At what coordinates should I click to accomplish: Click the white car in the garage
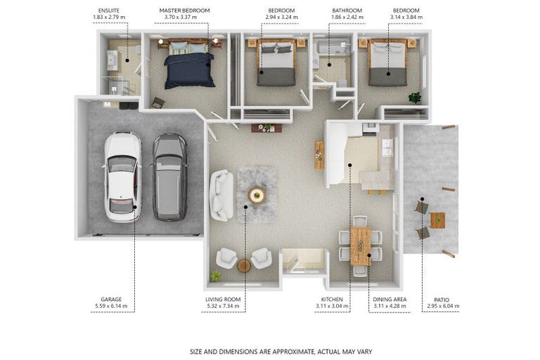click(122, 176)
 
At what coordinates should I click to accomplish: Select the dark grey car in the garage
click(169, 177)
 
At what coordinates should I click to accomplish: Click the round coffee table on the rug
click(257, 195)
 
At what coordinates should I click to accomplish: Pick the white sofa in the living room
click(221, 195)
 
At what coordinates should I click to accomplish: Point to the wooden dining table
click(360, 246)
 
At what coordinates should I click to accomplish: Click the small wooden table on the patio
click(437, 220)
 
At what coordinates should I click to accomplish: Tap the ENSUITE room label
click(109, 11)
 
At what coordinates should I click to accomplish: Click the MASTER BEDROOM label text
click(185, 11)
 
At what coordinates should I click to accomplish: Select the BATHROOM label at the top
click(347, 11)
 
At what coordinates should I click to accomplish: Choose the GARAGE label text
click(111, 300)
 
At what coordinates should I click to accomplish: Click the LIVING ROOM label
click(223, 300)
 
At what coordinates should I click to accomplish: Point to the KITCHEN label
click(332, 300)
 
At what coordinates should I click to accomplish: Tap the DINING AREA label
click(390, 300)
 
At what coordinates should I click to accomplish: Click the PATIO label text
click(442, 300)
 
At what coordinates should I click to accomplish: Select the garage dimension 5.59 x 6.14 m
click(111, 306)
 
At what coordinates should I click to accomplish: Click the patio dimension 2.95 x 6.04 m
click(443, 306)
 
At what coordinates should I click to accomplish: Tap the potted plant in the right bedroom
click(415, 98)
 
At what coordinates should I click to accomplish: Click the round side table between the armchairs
click(244, 266)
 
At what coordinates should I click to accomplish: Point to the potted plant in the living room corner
click(216, 276)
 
